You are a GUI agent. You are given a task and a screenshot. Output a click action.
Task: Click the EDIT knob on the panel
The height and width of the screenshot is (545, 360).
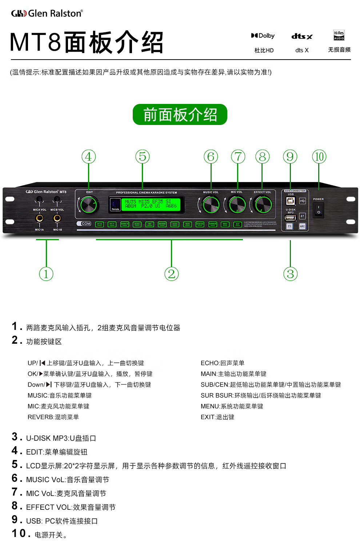tap(89, 205)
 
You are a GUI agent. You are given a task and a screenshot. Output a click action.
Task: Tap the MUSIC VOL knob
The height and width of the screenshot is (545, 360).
tap(211, 205)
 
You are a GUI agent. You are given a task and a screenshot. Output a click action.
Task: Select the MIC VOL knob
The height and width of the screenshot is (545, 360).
tap(237, 205)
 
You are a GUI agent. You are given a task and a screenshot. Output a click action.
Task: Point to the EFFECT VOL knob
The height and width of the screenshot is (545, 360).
tap(263, 205)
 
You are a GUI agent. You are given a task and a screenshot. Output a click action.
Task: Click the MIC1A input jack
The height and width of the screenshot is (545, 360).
tap(39, 218)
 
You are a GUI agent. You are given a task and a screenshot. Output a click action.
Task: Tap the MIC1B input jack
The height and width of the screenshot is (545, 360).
tap(57, 218)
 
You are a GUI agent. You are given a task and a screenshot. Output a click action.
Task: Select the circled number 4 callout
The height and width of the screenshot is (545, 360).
tap(88, 157)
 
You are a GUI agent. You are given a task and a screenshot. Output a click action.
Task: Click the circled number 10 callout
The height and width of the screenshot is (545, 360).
tap(319, 157)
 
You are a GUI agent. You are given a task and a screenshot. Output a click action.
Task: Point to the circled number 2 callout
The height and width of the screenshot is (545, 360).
tap(171, 274)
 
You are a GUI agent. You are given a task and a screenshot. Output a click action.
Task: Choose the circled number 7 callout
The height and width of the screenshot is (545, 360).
tap(238, 157)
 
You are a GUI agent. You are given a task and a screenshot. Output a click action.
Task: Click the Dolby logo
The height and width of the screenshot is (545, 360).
tap(263, 36)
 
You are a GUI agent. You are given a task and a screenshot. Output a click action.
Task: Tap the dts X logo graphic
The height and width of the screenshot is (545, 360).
tap(302, 36)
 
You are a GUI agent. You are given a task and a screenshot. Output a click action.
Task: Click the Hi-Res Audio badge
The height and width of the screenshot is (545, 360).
tap(339, 35)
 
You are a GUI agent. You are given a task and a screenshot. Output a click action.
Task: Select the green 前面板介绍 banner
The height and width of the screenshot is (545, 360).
tap(180, 115)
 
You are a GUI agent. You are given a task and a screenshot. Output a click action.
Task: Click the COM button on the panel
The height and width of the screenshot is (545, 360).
tap(84, 224)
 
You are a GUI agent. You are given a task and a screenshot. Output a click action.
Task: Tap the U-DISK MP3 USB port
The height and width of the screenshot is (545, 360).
tap(290, 218)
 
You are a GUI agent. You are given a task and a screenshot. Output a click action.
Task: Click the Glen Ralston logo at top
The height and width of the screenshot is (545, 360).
tap(47, 13)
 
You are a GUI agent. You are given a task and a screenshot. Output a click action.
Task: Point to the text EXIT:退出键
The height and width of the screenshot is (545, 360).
tap(217, 417)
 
